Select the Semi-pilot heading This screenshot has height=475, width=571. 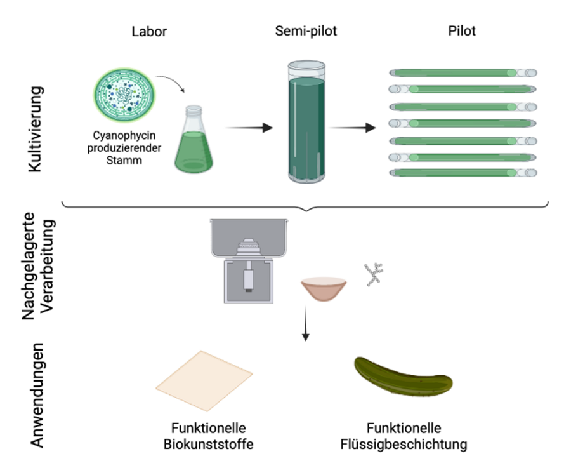(306, 31)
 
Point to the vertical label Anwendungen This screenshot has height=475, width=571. (38, 395)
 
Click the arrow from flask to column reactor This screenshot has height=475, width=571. (249, 128)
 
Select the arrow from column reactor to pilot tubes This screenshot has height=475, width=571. (352, 128)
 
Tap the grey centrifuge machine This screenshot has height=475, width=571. (248, 260)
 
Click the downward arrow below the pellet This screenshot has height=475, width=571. (306, 324)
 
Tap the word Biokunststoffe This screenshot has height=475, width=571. (208, 443)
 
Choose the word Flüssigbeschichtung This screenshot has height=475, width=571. (404, 443)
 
